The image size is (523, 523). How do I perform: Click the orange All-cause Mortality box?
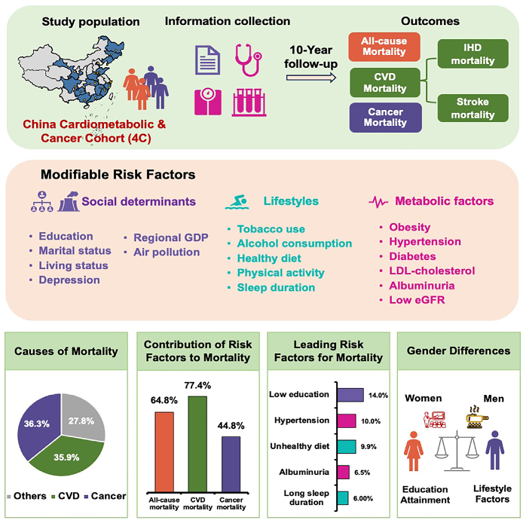(384, 47)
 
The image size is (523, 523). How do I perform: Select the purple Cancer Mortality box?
(385, 118)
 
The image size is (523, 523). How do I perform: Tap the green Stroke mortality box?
(473, 108)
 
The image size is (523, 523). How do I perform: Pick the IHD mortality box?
(473, 54)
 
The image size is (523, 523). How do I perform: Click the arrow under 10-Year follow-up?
(311, 78)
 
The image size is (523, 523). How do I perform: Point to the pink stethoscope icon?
(248, 60)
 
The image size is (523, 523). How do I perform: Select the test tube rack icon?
(249, 102)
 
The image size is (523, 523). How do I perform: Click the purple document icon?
(207, 60)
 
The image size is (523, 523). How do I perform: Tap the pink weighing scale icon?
(208, 102)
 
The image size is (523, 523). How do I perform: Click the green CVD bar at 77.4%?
(197, 445)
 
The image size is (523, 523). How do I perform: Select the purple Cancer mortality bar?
(231, 464)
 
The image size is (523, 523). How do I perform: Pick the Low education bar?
(350, 395)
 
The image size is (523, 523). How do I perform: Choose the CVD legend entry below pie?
(66, 496)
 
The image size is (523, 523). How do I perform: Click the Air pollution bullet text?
(167, 252)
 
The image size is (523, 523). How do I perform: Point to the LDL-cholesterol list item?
(432, 271)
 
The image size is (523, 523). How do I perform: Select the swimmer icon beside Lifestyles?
(237, 202)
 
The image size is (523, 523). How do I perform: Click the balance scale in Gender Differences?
(457, 451)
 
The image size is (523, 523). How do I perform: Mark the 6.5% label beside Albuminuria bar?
(362, 473)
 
